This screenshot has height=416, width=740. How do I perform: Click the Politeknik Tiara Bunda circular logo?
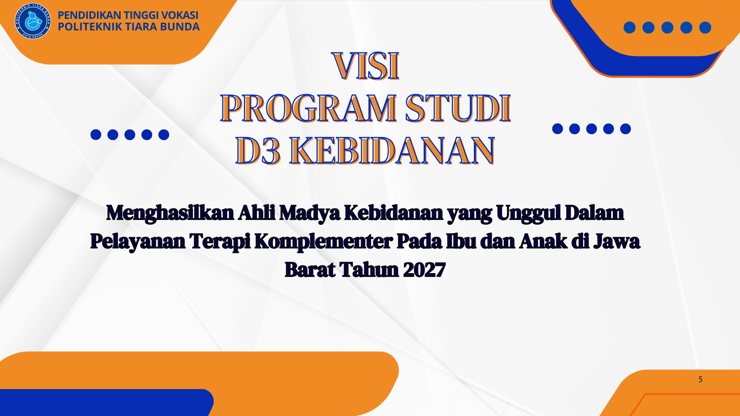[x=33, y=21]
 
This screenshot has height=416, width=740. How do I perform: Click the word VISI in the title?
[x=366, y=66]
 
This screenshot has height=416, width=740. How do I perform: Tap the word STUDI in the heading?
[x=458, y=108]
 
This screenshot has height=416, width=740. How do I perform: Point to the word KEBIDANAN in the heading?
[x=392, y=150]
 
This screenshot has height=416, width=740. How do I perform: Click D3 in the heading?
[x=259, y=151]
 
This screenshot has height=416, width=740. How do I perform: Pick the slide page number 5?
[x=700, y=379]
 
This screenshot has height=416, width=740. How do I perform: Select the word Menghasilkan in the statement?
[x=170, y=213]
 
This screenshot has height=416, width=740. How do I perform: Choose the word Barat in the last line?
[x=309, y=269]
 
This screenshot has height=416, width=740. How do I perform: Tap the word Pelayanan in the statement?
[x=138, y=242]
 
